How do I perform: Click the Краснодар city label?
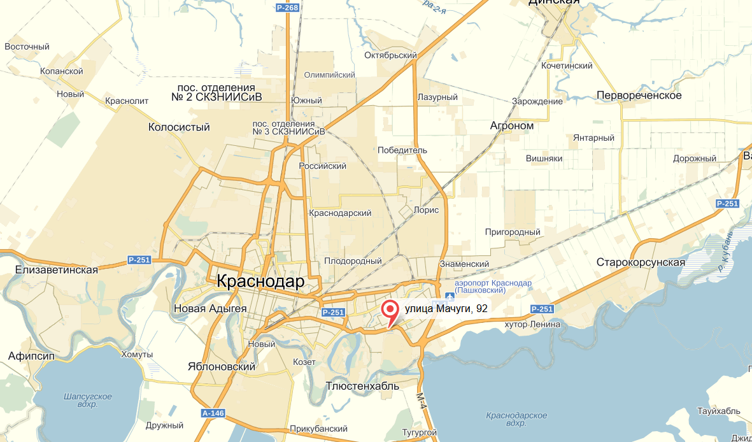[260, 281]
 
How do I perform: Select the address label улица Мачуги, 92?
[446, 309]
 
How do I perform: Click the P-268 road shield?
[287, 8]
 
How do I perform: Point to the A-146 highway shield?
[213, 413]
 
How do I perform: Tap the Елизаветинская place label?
[57, 270]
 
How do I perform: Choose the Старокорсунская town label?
[641, 262]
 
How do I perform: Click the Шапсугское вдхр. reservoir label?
[88, 400]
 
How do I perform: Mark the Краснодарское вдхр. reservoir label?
[516, 419]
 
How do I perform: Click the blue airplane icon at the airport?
[450, 296]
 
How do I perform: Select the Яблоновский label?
[222, 367]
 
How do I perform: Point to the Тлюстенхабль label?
[362, 386]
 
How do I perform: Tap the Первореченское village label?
[639, 96]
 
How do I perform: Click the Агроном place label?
[511, 125]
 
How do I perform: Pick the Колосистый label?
[179, 127]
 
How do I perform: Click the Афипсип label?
[30, 355]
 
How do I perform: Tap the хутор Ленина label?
[532, 324]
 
